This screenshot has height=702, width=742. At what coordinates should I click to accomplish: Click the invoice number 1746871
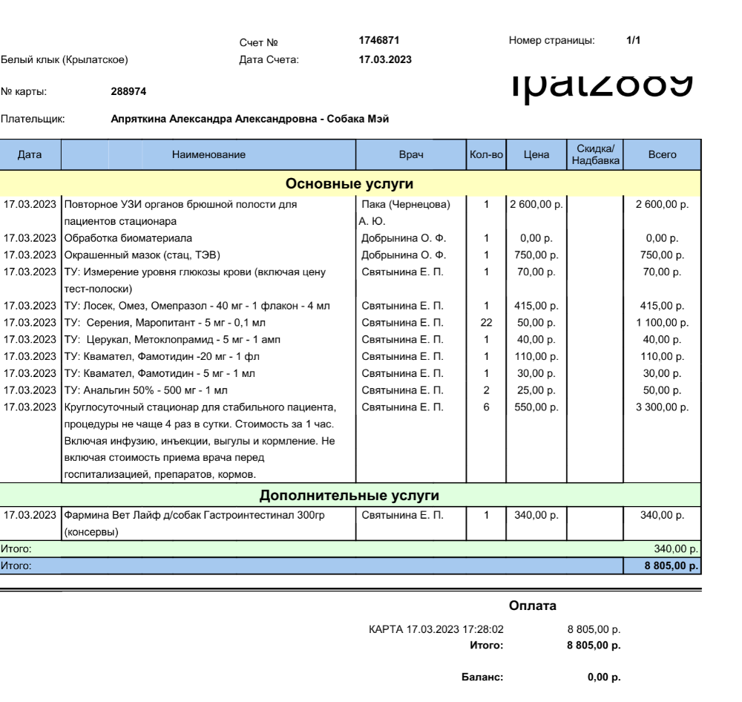tap(379, 41)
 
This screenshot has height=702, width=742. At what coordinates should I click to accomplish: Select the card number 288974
tap(128, 92)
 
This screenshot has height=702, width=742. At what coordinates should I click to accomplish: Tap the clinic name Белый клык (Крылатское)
tap(65, 59)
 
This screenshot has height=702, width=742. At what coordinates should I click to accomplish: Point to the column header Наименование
tap(209, 154)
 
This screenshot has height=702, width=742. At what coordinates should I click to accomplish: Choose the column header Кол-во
tap(486, 154)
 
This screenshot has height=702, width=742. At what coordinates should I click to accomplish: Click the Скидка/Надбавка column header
tap(595, 154)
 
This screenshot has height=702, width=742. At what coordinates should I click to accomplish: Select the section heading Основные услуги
tap(349, 183)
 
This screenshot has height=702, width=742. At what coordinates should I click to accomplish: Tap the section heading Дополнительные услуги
tap(349, 495)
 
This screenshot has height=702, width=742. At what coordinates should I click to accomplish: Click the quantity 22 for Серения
tap(486, 323)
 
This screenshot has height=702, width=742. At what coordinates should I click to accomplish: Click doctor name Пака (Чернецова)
tap(405, 204)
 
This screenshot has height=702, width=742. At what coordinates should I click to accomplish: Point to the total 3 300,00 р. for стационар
tap(662, 407)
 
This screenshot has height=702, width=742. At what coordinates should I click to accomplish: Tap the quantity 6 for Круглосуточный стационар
tap(486, 407)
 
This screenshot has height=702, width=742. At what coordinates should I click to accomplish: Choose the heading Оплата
tap(533, 606)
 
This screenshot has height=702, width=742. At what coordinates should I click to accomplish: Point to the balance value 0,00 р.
tap(604, 677)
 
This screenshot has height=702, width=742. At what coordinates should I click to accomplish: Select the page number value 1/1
tap(633, 41)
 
